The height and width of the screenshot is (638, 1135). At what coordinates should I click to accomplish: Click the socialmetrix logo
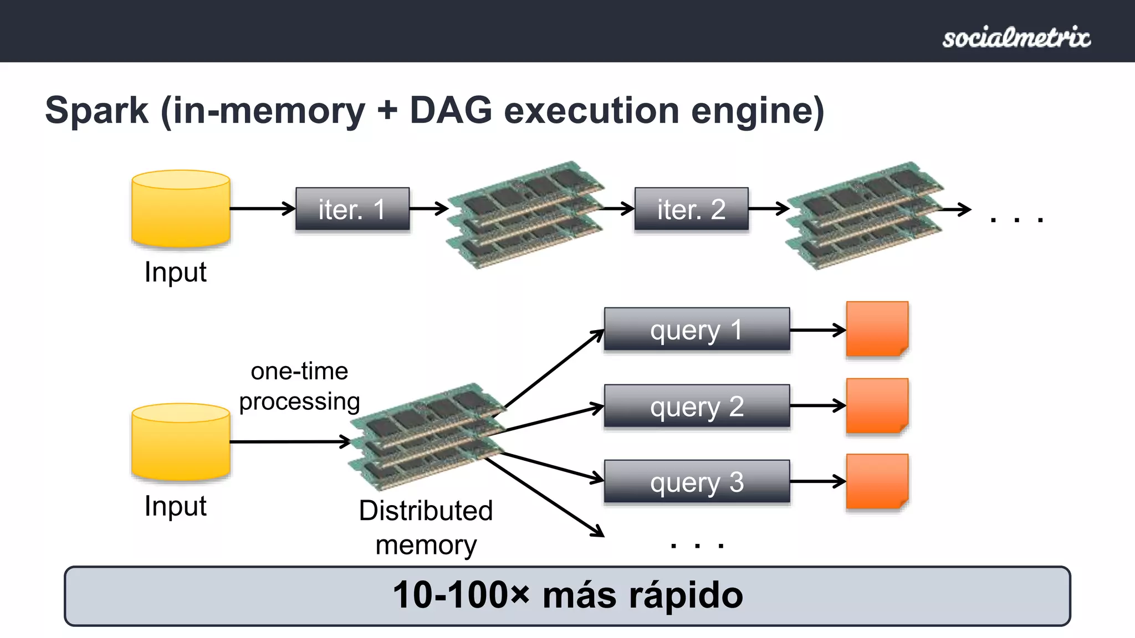(x=1016, y=38)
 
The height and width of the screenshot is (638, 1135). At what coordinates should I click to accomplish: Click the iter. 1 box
(x=352, y=209)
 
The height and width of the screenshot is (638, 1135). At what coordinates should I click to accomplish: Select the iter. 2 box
(x=691, y=209)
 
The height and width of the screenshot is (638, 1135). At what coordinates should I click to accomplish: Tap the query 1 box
(x=697, y=330)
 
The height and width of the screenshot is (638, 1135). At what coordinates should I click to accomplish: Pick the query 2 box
(x=697, y=406)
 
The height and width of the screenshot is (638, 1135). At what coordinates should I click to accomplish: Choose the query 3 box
(x=697, y=481)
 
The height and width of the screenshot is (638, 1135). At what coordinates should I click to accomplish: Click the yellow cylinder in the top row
(x=181, y=208)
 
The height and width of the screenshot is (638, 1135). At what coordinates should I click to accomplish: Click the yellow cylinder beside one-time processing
(x=181, y=441)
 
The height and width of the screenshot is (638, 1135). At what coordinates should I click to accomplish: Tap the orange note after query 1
(x=877, y=329)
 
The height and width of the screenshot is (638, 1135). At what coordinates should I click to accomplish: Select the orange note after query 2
(x=877, y=405)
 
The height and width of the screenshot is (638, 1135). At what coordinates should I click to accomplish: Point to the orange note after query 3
(x=877, y=481)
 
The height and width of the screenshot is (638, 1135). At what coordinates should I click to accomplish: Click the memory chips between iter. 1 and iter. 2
(x=524, y=215)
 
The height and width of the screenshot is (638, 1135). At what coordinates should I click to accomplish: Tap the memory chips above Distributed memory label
(x=427, y=436)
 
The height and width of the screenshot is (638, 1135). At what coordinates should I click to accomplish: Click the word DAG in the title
(x=451, y=110)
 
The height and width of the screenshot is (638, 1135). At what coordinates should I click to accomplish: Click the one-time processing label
(x=299, y=386)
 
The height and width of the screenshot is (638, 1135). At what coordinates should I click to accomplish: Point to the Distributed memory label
(x=426, y=527)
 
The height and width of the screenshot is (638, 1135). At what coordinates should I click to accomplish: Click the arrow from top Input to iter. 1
(x=262, y=209)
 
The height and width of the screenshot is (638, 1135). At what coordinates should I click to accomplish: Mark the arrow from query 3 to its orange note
(x=817, y=481)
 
